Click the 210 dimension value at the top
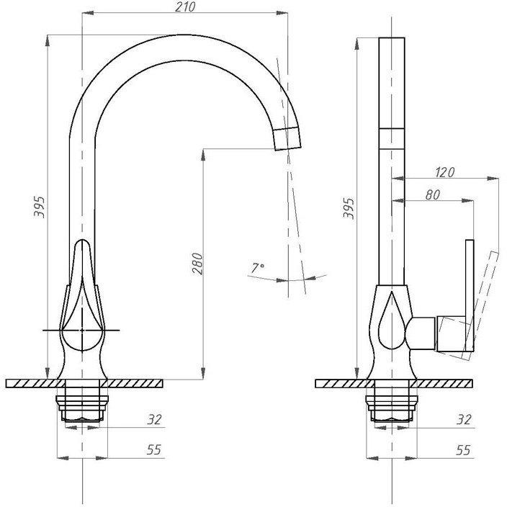(x=185, y=6)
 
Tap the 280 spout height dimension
(x=197, y=264)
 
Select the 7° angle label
(x=258, y=268)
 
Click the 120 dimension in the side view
(x=444, y=172)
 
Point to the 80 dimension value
(x=433, y=194)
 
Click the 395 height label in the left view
(x=39, y=207)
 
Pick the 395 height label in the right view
(x=349, y=208)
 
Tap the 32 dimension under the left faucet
(x=154, y=419)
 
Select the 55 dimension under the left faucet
(x=154, y=449)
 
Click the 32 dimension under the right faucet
(x=464, y=419)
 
